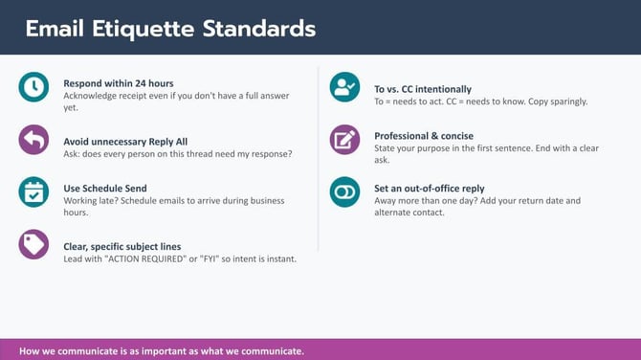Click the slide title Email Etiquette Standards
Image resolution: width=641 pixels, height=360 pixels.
[170, 28]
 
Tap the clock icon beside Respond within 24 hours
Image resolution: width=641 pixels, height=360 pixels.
[33, 87]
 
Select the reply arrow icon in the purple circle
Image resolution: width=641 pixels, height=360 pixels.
[33, 140]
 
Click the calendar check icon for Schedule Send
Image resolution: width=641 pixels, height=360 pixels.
[33, 191]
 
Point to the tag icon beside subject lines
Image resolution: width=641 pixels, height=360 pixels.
[33, 244]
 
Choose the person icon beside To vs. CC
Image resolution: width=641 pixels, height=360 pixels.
[344, 87]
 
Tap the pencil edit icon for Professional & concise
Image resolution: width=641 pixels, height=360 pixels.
[344, 140]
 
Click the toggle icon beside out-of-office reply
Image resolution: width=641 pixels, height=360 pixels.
[344, 191]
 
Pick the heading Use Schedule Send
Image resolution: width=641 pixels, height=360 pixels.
[105, 188]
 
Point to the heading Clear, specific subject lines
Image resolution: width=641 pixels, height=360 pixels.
[122, 246]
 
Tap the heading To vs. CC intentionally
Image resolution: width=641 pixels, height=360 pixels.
[423, 89]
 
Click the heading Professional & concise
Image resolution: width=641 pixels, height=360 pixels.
[424, 136]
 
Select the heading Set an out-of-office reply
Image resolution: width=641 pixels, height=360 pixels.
[430, 189]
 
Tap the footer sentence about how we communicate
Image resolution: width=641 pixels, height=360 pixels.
[161, 350]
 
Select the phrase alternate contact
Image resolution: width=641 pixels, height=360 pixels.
[409, 213]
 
